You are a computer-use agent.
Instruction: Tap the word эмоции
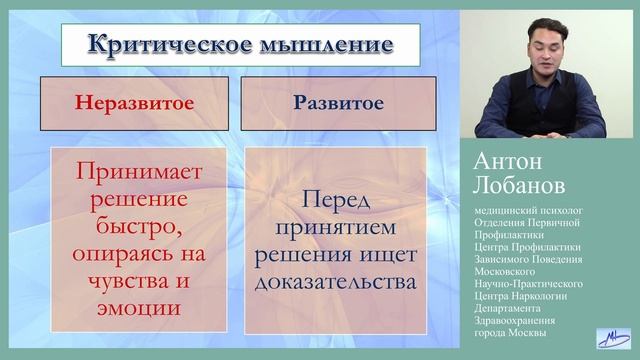coord(137,307)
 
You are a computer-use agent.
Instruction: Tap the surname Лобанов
coord(520,187)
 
